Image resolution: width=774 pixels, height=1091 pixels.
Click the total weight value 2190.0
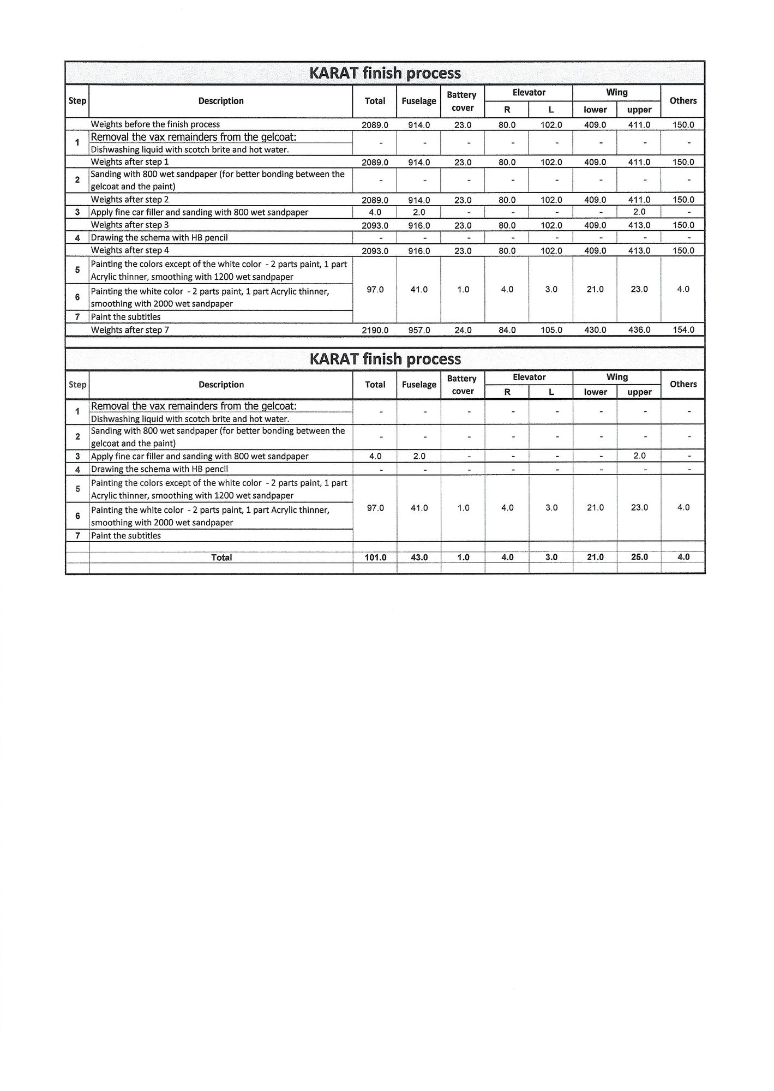pyautogui.click(x=375, y=330)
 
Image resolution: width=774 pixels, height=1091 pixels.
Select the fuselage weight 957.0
pyautogui.click(x=419, y=330)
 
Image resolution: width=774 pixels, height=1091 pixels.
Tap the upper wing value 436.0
pyautogui.click(x=639, y=330)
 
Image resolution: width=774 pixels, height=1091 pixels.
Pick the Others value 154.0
pyautogui.click(x=683, y=330)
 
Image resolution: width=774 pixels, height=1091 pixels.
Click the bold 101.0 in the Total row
pyautogui.click(x=375, y=558)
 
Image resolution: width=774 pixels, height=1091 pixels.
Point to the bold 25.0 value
pyautogui.click(x=639, y=558)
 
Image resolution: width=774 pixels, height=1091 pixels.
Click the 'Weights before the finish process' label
pyautogui.click(x=155, y=124)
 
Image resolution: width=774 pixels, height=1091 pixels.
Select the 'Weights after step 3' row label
pyautogui.click(x=130, y=225)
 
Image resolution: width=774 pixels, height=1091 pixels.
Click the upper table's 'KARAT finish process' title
pyautogui.click(x=385, y=73)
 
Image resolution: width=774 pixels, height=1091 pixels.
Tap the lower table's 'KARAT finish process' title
pyautogui.click(x=385, y=359)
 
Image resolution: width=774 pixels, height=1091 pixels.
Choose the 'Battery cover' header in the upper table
pyautogui.click(x=462, y=101)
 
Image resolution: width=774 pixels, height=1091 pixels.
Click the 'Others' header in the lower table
pyautogui.click(x=683, y=384)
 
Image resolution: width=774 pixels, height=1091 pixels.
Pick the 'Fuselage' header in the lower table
pyautogui.click(x=419, y=385)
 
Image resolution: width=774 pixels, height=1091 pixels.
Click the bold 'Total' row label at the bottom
pyautogui.click(x=221, y=558)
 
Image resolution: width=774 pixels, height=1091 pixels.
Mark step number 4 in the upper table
pyautogui.click(x=77, y=238)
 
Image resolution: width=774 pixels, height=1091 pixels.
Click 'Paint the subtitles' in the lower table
pyautogui.click(x=126, y=536)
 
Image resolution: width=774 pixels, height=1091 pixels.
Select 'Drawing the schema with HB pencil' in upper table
pyautogui.click(x=159, y=238)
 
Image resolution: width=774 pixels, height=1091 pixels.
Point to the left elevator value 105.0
pyautogui.click(x=551, y=330)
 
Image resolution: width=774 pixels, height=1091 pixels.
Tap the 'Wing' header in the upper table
pyautogui.click(x=617, y=93)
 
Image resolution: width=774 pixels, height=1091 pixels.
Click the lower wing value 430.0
pyautogui.click(x=595, y=330)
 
